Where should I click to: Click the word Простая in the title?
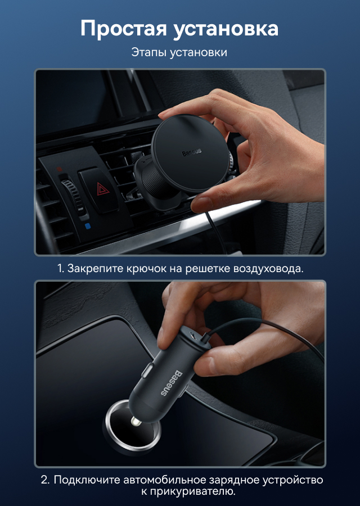(x=123, y=29)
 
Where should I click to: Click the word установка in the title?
(x=226, y=29)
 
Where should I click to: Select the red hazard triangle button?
(x=103, y=189)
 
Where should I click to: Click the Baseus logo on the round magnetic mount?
(x=191, y=152)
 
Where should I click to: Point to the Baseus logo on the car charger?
(x=172, y=383)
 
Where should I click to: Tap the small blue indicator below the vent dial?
(x=88, y=226)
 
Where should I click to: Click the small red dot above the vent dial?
(x=59, y=169)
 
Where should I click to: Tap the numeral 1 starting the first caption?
(x=60, y=269)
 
